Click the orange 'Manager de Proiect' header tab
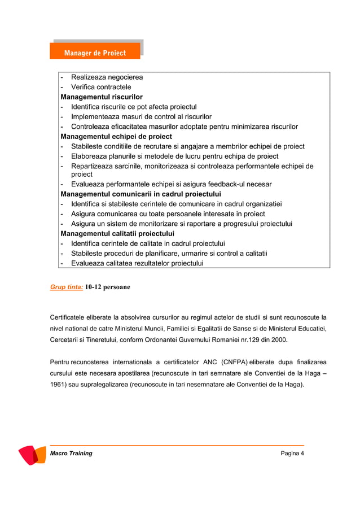tap(94, 53)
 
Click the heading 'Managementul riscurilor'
tap(102, 97)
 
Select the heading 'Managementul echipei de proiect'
tap(116, 137)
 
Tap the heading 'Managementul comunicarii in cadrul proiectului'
tap(141, 194)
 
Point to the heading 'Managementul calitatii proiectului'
tap(117, 233)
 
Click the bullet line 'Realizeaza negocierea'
tap(107, 77)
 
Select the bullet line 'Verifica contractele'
tap(101, 87)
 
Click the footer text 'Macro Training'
tap(71, 454)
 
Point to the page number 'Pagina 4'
tap(292, 454)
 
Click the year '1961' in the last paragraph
tap(59, 385)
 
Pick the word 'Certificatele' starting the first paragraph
tap(69, 317)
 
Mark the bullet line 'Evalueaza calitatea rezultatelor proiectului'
tap(137, 263)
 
